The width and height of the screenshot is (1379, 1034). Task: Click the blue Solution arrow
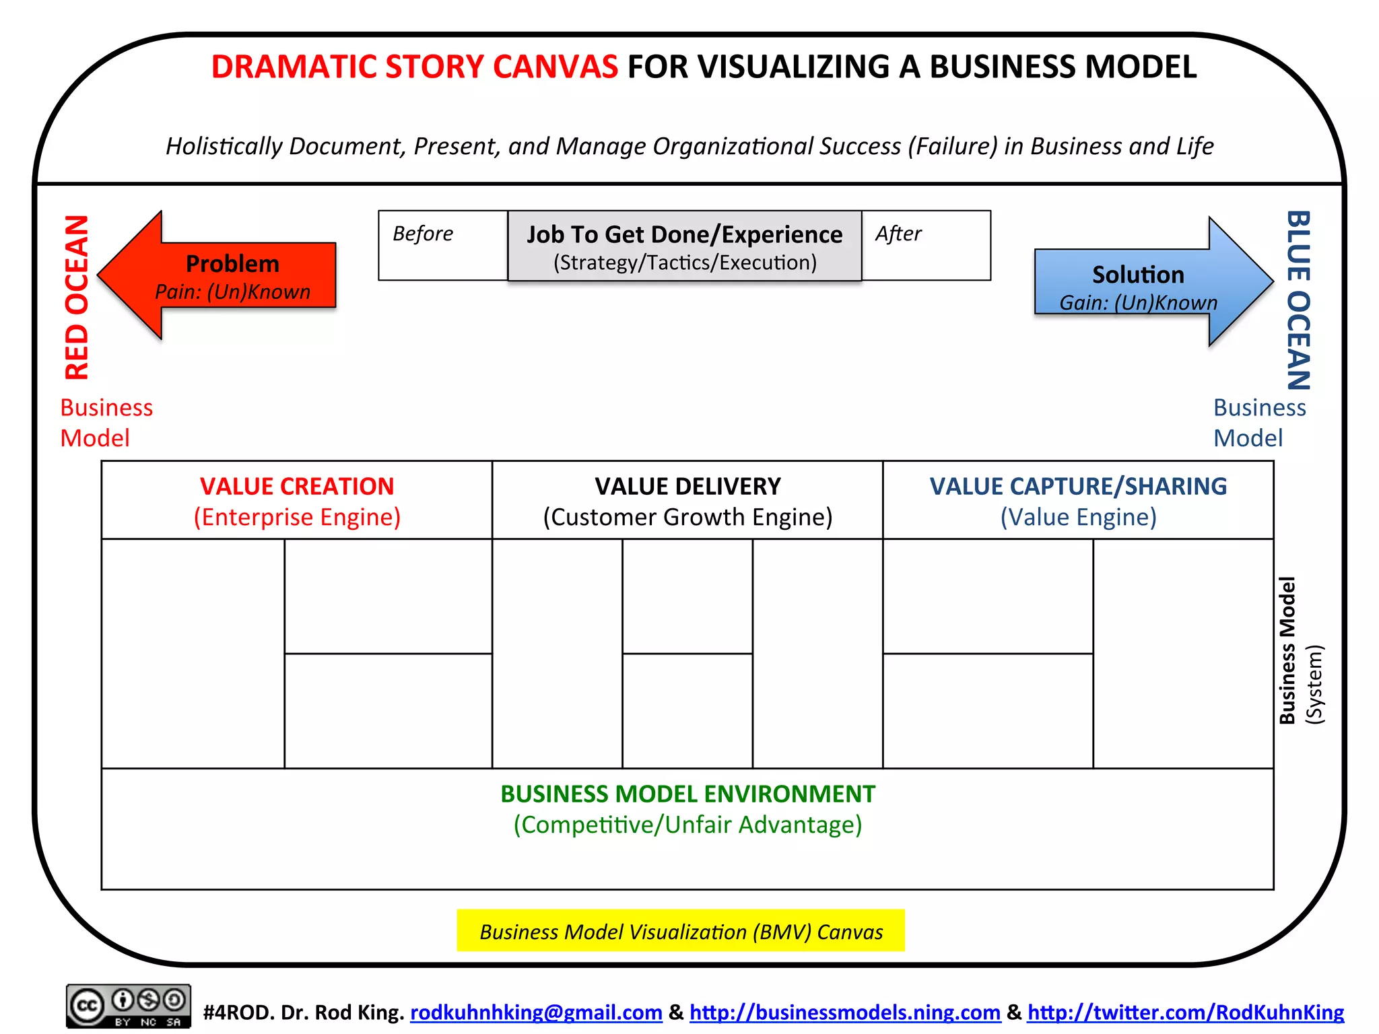point(1145,283)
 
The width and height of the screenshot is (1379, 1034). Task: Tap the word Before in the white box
point(423,234)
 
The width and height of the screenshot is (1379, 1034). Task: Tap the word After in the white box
point(898,234)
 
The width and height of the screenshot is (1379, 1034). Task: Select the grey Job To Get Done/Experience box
point(684,246)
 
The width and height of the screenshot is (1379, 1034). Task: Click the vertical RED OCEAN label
point(77,297)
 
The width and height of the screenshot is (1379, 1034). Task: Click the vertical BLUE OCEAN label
point(1299,300)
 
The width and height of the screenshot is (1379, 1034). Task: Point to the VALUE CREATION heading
point(297,486)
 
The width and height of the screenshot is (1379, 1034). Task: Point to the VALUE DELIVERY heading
point(687,486)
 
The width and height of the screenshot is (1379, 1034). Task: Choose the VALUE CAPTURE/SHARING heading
point(1078,486)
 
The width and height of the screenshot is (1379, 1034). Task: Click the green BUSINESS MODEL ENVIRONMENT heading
point(687,794)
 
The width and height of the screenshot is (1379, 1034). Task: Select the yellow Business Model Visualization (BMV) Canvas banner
point(681,931)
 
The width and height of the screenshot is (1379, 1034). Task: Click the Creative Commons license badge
point(128,1006)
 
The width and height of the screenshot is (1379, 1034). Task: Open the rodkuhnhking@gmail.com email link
point(536,1012)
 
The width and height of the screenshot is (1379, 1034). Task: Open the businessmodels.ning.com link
point(845,1012)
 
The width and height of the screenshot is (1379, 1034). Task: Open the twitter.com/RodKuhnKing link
point(1185,1012)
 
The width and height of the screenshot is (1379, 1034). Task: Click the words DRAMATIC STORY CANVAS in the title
point(415,67)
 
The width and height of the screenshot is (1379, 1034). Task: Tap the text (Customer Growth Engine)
point(687,517)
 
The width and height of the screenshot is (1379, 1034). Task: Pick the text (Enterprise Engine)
point(297,517)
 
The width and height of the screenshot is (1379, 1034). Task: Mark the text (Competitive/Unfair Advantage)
point(687,825)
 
